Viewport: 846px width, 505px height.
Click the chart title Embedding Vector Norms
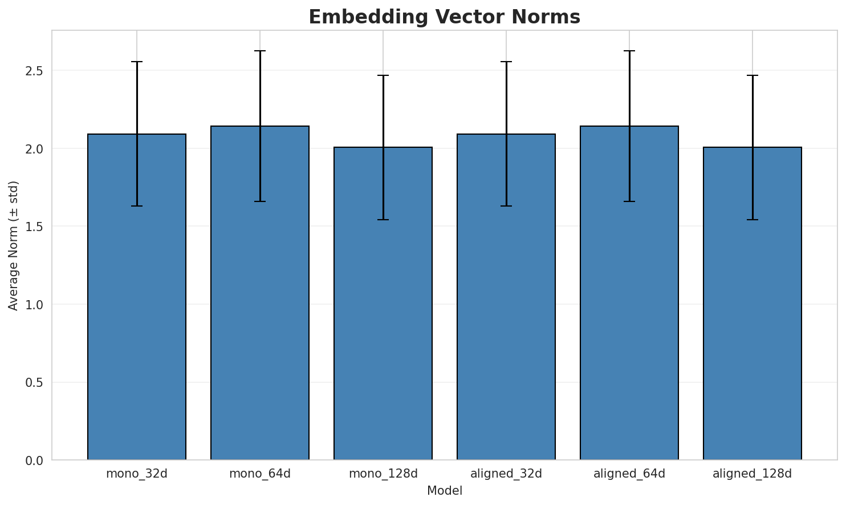[444, 17]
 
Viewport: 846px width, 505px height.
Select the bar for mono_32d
[137, 297]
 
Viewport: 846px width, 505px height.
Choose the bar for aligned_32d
[506, 297]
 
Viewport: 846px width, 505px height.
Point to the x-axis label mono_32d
[137, 474]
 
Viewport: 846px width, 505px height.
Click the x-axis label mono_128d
[383, 474]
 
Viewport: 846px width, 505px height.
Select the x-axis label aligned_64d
[629, 474]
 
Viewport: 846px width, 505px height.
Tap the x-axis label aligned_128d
[753, 474]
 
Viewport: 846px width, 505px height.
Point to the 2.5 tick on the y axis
[36, 71]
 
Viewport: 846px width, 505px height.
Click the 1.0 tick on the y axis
[36, 305]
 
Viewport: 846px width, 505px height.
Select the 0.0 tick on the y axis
[36, 460]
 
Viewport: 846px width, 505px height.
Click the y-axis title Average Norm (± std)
[14, 245]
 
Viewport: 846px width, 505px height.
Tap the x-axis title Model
[444, 491]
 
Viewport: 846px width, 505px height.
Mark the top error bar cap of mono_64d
[260, 51]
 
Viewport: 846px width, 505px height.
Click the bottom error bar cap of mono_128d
[383, 220]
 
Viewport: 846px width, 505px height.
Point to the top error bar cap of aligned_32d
[506, 62]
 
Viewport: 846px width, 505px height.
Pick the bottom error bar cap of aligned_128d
[753, 220]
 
